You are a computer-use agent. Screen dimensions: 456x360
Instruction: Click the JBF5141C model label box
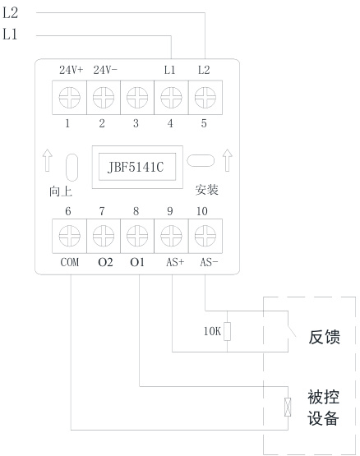[x=136, y=166]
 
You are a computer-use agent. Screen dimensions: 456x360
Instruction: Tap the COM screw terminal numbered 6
[x=68, y=239]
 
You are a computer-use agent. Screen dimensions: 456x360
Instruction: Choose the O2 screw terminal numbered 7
[x=102, y=239]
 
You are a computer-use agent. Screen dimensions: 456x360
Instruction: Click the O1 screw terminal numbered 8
[x=136, y=239]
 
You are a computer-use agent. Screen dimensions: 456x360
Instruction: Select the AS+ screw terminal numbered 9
[x=169, y=239]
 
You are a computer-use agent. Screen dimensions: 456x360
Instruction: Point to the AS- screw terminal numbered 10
[x=203, y=239]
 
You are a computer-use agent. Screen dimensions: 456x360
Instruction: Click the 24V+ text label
[x=70, y=71]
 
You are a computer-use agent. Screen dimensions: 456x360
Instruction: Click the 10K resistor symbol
[x=228, y=332]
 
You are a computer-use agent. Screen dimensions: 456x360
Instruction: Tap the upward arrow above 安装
[x=225, y=160]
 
